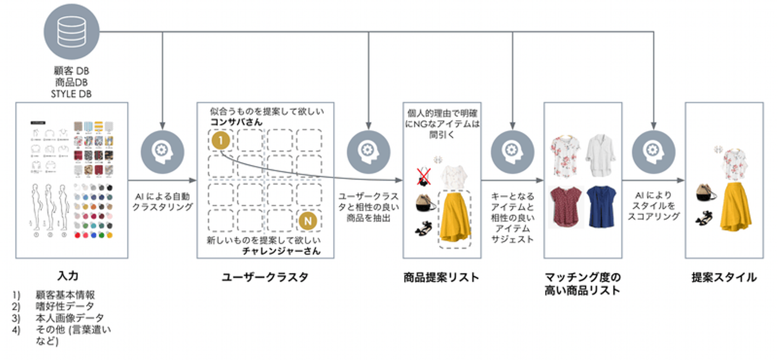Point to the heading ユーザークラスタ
265,277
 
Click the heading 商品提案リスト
441,277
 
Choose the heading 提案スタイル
724,277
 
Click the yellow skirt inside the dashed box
454,216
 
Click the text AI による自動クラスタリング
162,201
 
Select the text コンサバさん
237,122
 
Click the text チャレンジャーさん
282,250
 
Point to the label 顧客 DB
72,72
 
